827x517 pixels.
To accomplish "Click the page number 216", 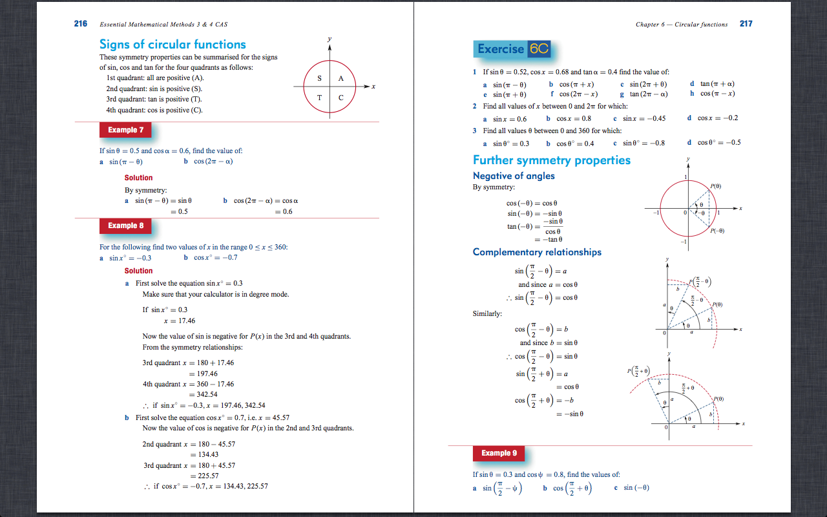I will tap(81, 24).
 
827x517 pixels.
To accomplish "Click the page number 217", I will tap(746, 24).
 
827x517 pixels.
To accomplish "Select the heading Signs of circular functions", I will tap(173, 45).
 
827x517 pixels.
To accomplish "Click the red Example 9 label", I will tap(499, 453).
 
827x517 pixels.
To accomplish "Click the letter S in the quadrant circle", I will tap(320, 78).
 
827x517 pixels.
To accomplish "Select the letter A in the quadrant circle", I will tap(340, 78).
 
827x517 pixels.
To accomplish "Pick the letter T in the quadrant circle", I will tap(320, 98).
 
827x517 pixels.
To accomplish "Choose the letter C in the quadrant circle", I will tap(340, 98).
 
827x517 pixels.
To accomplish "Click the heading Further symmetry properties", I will tap(552, 160).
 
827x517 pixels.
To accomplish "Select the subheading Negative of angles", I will tap(514, 176).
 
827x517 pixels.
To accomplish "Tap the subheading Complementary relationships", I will tap(537, 252).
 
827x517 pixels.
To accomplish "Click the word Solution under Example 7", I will tap(139, 178).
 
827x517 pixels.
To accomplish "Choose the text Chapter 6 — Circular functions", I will tap(682, 25).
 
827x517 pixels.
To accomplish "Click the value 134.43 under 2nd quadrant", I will tap(207, 454).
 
